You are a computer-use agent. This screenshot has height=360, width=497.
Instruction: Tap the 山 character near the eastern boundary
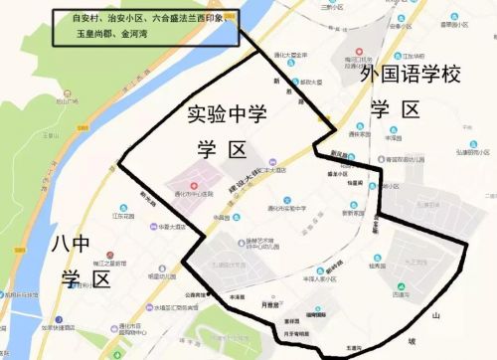(x=435, y=315)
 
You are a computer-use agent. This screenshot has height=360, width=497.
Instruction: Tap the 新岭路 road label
(x=331, y=243)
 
